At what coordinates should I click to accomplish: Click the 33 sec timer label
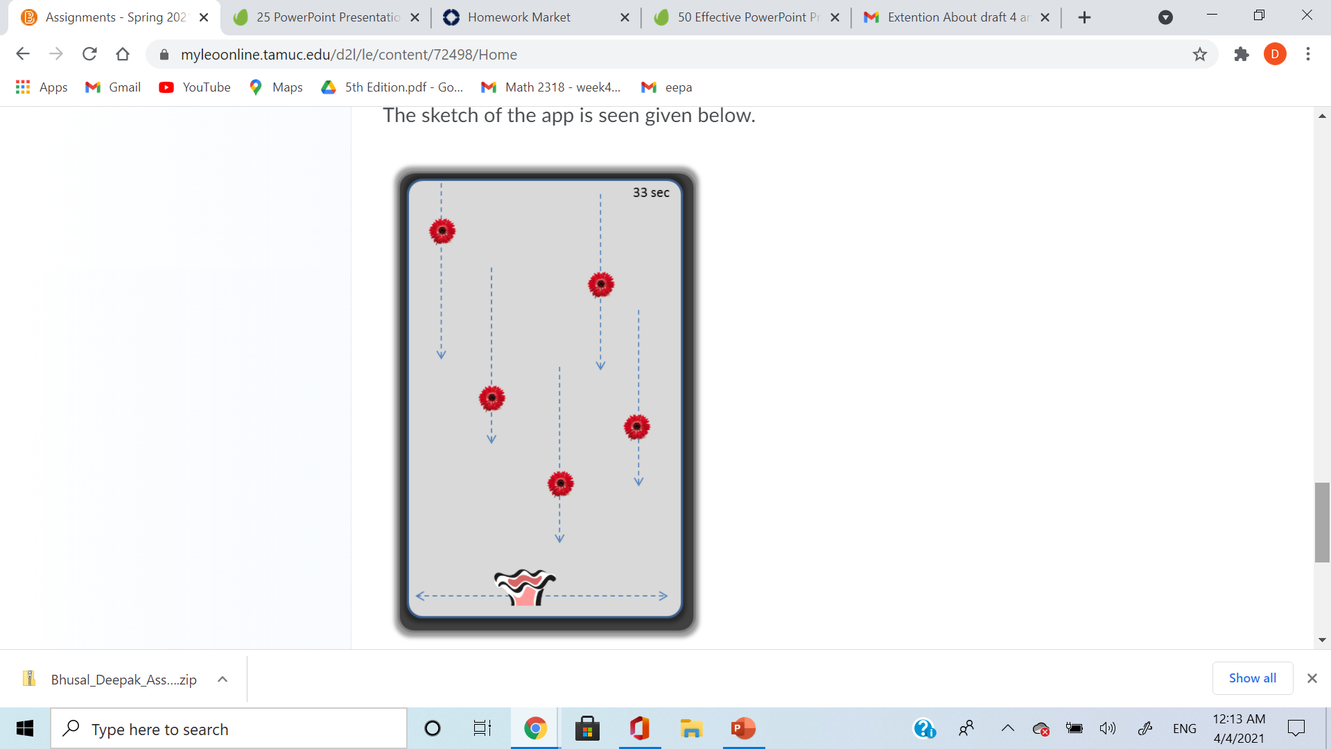coord(651,193)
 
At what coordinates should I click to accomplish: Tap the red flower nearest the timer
coord(601,284)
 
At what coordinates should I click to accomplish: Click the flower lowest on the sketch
coord(561,483)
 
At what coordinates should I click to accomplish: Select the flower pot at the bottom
coord(525,587)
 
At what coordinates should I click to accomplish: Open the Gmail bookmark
coord(113,87)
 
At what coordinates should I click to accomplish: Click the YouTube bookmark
coord(195,87)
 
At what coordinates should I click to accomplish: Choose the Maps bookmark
coord(276,87)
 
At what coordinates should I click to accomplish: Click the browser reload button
coord(89,54)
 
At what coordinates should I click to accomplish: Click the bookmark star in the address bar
coord(1200,54)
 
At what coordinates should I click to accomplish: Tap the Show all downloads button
coord(1253,678)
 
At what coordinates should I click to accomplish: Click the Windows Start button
coord(25,728)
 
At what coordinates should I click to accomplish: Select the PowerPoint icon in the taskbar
coord(743,728)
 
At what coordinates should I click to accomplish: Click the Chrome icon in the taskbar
coord(535,728)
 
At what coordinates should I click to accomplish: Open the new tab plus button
coord(1085,17)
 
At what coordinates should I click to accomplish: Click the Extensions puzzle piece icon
coord(1242,54)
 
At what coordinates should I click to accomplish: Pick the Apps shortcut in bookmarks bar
coord(42,87)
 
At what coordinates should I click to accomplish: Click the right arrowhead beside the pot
coord(663,596)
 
